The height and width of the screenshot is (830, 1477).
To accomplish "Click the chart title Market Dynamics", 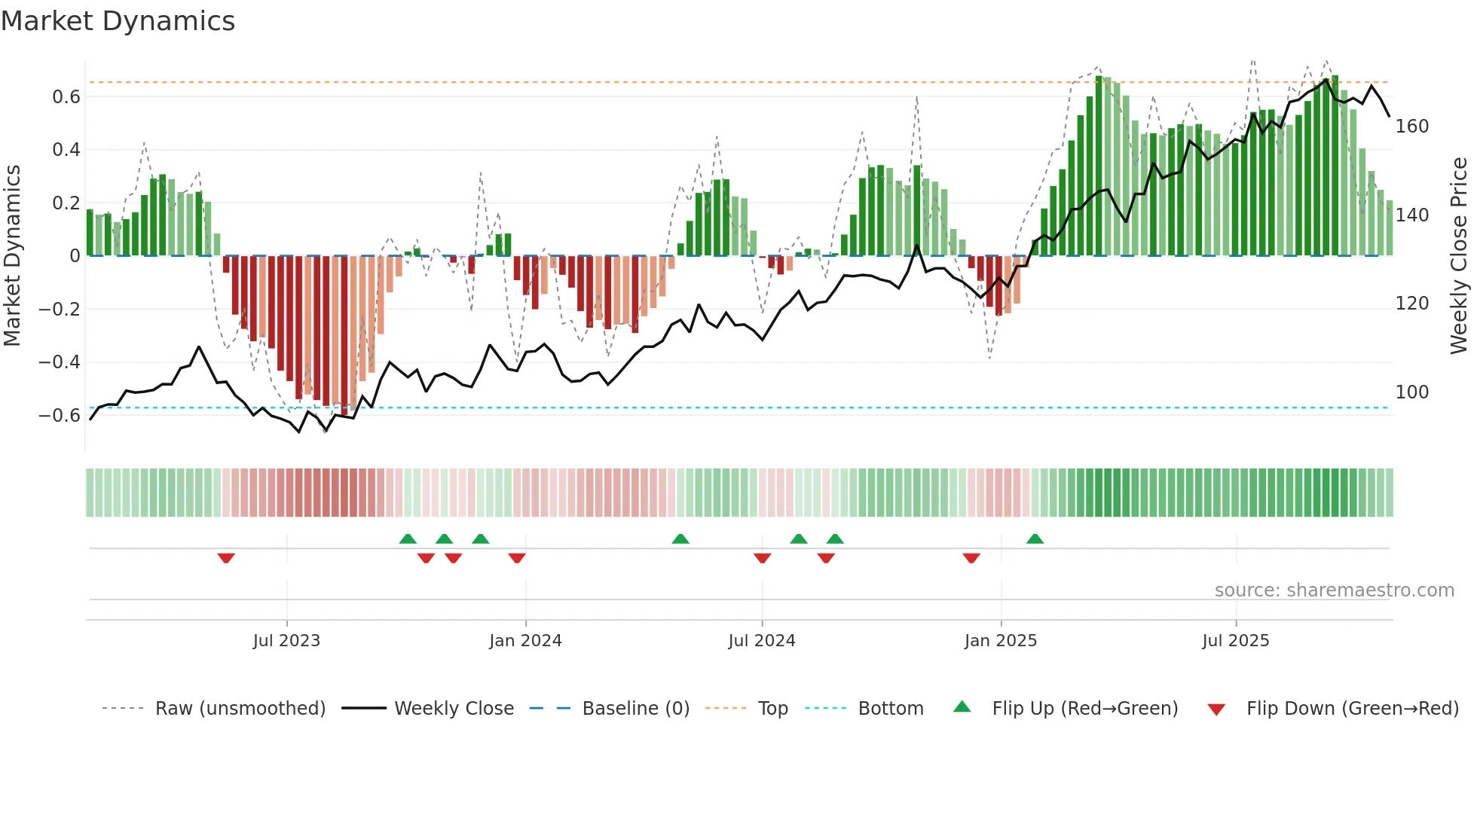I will point(118,21).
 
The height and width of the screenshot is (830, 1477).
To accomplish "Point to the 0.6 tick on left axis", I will point(66,96).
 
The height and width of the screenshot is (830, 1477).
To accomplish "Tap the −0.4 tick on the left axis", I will point(59,362).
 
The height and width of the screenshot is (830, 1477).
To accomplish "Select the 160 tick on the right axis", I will point(1411,127).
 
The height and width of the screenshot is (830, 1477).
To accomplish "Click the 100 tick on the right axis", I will point(1411,392).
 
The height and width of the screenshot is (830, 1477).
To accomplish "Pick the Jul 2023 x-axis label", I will point(286,641).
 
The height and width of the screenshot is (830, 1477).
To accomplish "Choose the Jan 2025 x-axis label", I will point(1000,641).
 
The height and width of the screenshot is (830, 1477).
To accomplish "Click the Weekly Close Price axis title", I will point(1459,256).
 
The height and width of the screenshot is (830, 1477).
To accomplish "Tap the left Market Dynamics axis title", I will point(12,256).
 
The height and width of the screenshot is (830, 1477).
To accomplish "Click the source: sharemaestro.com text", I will point(1334,590).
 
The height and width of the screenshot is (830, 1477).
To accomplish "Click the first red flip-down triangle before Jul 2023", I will point(226,558).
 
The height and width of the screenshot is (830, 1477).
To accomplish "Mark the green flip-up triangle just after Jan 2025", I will point(1035,539).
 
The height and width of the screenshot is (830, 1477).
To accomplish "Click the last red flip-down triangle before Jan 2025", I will point(971,558).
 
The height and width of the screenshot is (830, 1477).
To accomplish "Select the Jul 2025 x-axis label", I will point(1235,641).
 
